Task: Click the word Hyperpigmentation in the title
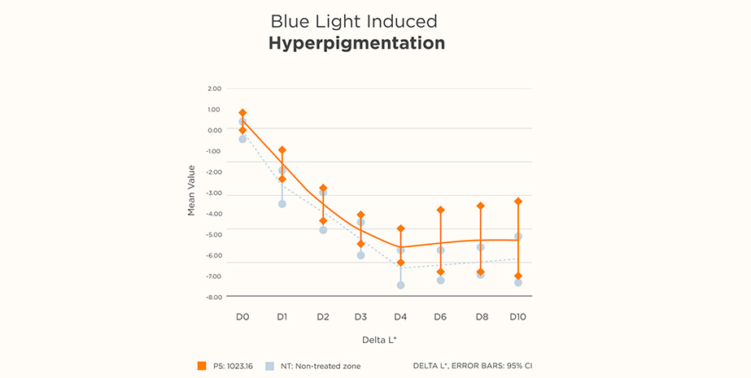(356, 43)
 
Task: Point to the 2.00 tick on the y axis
(214, 88)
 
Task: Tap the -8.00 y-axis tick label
(214, 298)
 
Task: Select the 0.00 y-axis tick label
(214, 130)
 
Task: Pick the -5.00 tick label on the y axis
(214, 235)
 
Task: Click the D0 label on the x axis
(242, 316)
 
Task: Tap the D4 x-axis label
(400, 316)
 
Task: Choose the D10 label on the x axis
(517, 316)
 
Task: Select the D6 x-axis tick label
(440, 316)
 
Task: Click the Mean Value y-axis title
(192, 190)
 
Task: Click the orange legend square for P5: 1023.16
(202, 366)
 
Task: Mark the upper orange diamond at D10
(518, 201)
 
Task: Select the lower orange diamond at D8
(480, 272)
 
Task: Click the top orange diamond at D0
(242, 113)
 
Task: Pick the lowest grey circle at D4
(400, 285)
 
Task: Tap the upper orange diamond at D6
(440, 210)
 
